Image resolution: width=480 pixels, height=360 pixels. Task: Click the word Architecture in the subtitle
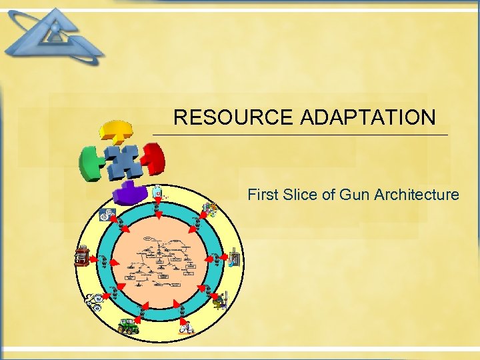click(417, 195)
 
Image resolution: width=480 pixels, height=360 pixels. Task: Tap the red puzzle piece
click(153, 157)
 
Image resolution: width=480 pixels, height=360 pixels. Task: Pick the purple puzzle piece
click(130, 192)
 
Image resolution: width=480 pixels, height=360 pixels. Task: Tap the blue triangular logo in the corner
click(53, 37)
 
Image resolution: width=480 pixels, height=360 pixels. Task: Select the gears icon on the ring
click(105, 215)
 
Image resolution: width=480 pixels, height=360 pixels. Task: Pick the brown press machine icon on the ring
click(81, 255)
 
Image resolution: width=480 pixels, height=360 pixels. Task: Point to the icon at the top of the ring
click(158, 193)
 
